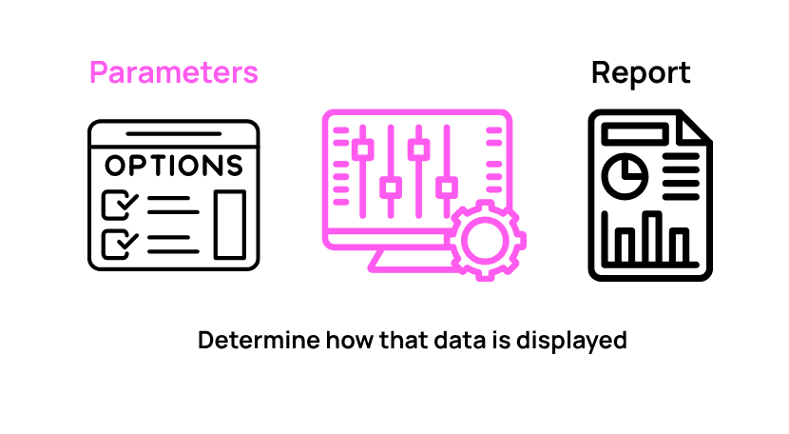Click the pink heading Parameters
[x=174, y=72]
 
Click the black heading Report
[x=641, y=73]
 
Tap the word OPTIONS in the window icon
[x=174, y=166]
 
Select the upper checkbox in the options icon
[x=117, y=205]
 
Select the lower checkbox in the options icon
[x=117, y=244]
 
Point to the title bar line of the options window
[x=174, y=134]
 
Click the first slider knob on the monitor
[x=362, y=149]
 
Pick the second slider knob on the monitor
[x=391, y=188]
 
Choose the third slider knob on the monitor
[x=418, y=149]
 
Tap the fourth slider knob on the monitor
[x=447, y=188]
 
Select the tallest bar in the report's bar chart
[x=654, y=237]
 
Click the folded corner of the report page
[x=692, y=128]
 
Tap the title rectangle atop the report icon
[x=634, y=133]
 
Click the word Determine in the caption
[x=259, y=340]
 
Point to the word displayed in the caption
[x=571, y=341]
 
